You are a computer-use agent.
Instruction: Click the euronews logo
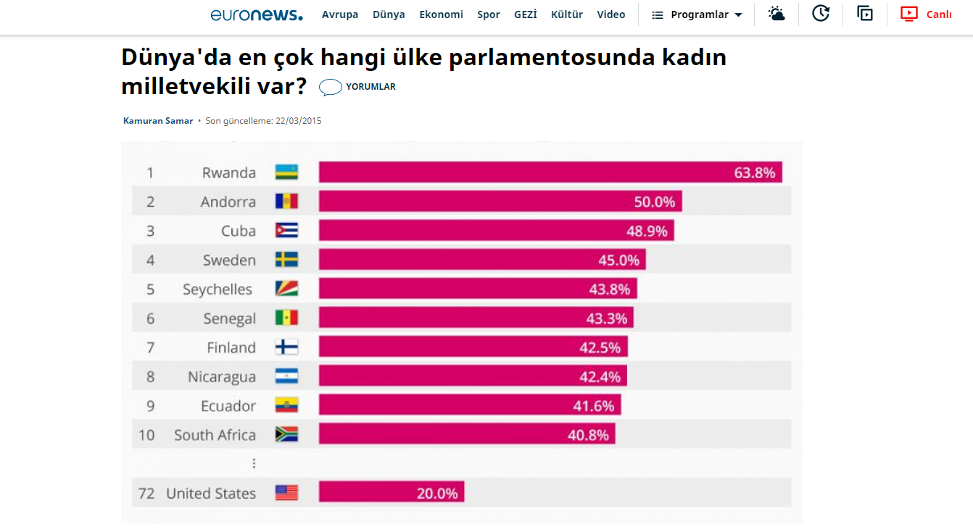click(257, 14)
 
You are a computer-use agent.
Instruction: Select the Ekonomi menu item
click(441, 14)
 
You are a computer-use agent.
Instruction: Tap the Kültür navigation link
click(567, 14)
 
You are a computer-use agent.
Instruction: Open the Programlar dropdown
click(697, 14)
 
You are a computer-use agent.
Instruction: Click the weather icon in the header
click(777, 14)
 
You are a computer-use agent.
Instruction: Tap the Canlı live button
click(927, 14)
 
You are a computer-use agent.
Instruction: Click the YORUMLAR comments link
click(358, 87)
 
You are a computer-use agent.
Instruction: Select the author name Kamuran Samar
click(158, 121)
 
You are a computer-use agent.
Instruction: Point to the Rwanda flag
click(286, 172)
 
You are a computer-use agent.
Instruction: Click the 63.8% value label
click(754, 173)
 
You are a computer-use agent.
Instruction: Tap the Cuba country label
click(239, 231)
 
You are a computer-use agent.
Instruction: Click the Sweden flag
click(286, 260)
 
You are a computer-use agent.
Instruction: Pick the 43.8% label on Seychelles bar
click(609, 290)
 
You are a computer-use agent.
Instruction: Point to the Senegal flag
click(286, 318)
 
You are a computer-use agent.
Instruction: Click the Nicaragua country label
click(222, 377)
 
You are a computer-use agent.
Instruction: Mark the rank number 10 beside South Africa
click(146, 435)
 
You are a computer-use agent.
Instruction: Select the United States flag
click(286, 493)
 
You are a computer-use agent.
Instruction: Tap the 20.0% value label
click(437, 494)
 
